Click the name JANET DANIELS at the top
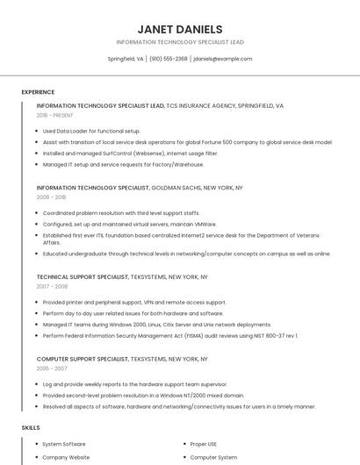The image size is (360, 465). pos(180,29)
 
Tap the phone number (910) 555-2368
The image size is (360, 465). pos(168,59)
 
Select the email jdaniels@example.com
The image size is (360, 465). pos(222,59)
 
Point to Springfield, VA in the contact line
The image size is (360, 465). pos(126,59)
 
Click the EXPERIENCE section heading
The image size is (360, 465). pos(38,92)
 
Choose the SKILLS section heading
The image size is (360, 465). pos(31,427)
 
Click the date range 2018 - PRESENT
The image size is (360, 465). pos(55,115)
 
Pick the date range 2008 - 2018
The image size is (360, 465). pos(51,197)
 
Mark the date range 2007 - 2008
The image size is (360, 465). pos(52,287)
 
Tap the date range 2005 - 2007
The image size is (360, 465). pos(52,369)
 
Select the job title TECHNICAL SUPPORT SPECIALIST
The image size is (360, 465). pos(83,276)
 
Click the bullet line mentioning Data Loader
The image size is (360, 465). pos(91,131)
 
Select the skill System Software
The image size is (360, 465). pos(64,445)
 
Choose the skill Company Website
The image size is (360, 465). pos(66,457)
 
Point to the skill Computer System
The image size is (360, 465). pos(213,457)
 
